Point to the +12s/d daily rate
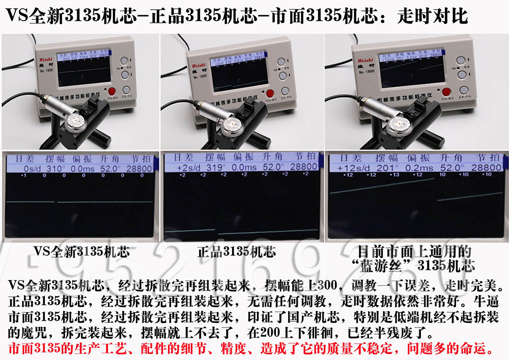[x=347, y=168]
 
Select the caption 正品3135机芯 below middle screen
[x=236, y=252]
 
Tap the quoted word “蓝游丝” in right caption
[x=380, y=266]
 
